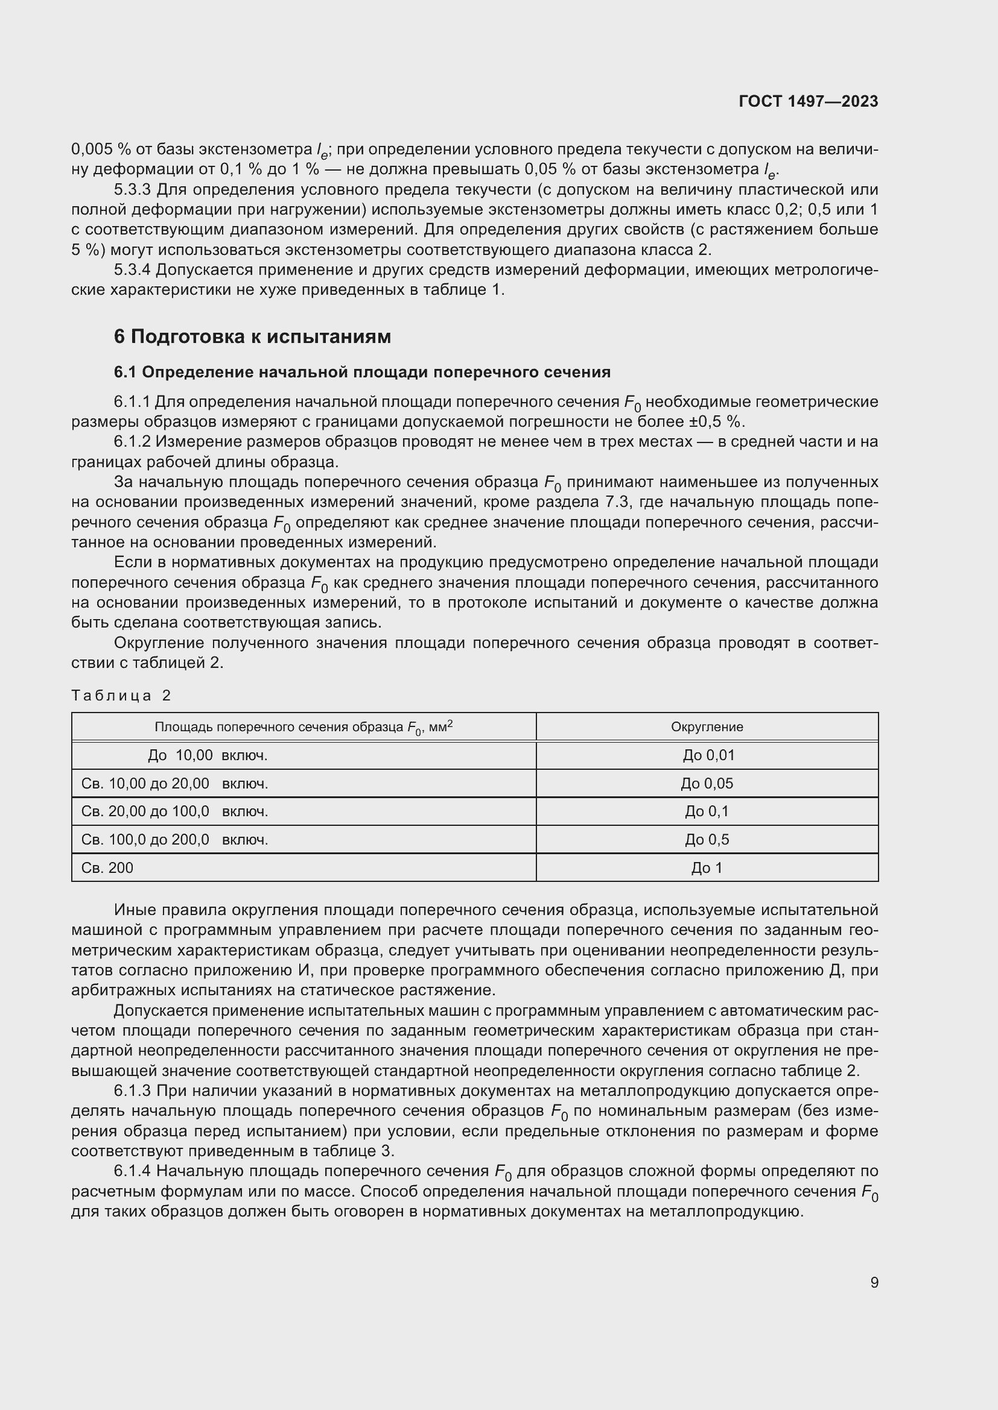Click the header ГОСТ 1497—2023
point(808,101)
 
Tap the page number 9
point(874,1282)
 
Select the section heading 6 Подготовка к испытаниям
point(252,336)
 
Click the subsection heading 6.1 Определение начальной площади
point(362,372)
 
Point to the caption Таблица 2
point(121,695)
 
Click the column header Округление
point(707,726)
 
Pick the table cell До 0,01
point(708,755)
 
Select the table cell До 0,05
point(707,784)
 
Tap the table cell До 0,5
point(707,840)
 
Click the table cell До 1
point(707,867)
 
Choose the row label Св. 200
point(107,867)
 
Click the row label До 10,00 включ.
point(208,755)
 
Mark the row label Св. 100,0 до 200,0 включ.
point(174,840)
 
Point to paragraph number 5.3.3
point(132,189)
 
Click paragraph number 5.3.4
point(132,269)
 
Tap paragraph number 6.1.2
point(132,441)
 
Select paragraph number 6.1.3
point(132,1091)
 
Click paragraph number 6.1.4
point(132,1171)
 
